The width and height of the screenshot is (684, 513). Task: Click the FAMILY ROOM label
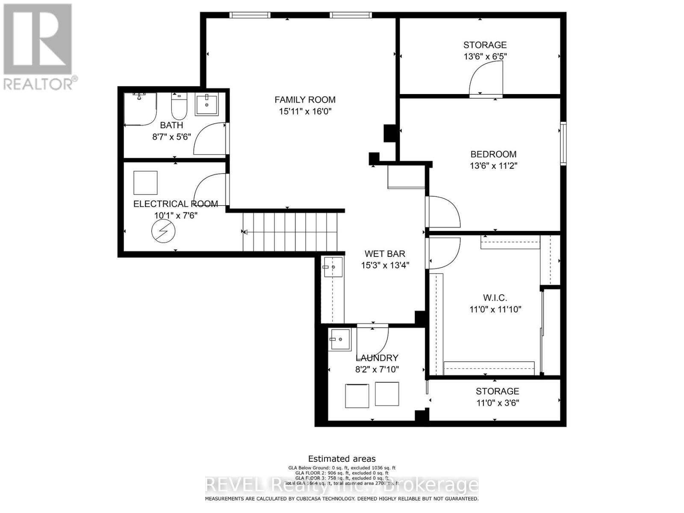[305, 100]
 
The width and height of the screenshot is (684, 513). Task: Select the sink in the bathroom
[207, 105]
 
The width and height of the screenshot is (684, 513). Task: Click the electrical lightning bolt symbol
[163, 232]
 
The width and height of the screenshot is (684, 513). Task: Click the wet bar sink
[333, 267]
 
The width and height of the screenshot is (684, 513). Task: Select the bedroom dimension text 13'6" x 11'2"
[493, 166]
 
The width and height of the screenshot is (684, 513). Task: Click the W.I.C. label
[495, 298]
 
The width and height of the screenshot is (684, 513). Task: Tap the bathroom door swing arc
[209, 139]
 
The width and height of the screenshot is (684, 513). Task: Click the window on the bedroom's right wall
[563, 144]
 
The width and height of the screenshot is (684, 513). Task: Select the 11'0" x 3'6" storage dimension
[498, 403]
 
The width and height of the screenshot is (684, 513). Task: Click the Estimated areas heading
[342, 459]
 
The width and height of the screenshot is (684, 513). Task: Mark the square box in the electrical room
[145, 183]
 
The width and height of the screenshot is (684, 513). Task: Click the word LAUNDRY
[377, 358]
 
